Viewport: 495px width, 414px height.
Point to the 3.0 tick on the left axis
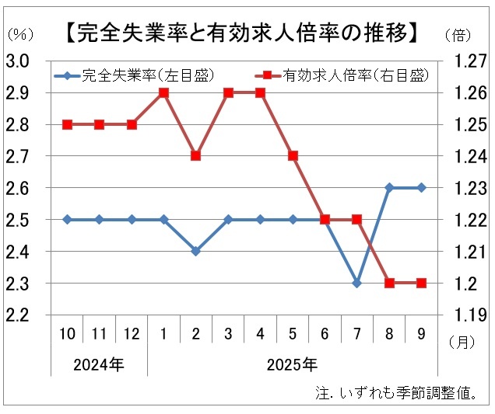18,61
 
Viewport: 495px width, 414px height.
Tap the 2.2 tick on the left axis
18,315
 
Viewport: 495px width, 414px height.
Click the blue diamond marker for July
357,284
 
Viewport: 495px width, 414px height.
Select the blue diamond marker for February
196,252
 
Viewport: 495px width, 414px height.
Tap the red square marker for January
163,92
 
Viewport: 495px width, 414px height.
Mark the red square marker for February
196,156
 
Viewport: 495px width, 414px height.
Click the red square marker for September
422,284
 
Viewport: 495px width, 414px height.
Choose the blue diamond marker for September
422,188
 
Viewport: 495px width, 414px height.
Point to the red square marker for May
293,156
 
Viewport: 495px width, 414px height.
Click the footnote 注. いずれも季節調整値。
396,392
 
